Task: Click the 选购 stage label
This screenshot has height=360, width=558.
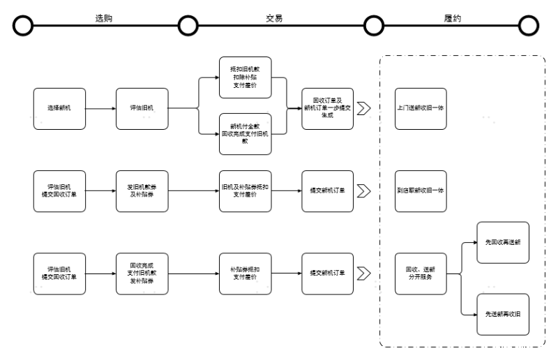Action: tap(103, 18)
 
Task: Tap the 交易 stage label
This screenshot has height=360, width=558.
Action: tap(274, 18)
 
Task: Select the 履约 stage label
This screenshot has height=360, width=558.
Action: tap(452, 18)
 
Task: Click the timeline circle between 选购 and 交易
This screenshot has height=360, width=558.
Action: tap(188, 26)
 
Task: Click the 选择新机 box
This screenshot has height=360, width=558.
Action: tap(59, 108)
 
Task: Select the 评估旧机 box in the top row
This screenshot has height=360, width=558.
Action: tap(142, 108)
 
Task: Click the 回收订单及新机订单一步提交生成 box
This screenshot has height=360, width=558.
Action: tap(327, 108)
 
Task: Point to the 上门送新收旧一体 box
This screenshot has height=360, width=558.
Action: tap(421, 108)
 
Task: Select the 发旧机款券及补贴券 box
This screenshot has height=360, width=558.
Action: tap(142, 190)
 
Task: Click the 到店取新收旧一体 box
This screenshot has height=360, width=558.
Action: tap(421, 190)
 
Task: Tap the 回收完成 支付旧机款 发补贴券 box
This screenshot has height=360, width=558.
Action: tap(142, 272)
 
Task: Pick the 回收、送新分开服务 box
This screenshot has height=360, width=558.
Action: tap(421, 272)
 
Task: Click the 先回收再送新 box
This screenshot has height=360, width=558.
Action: tap(502, 242)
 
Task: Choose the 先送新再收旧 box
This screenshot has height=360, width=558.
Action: tap(502, 314)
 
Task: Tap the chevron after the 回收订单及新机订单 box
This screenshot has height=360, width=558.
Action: tap(363, 108)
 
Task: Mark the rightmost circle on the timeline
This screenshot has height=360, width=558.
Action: tap(529, 26)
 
